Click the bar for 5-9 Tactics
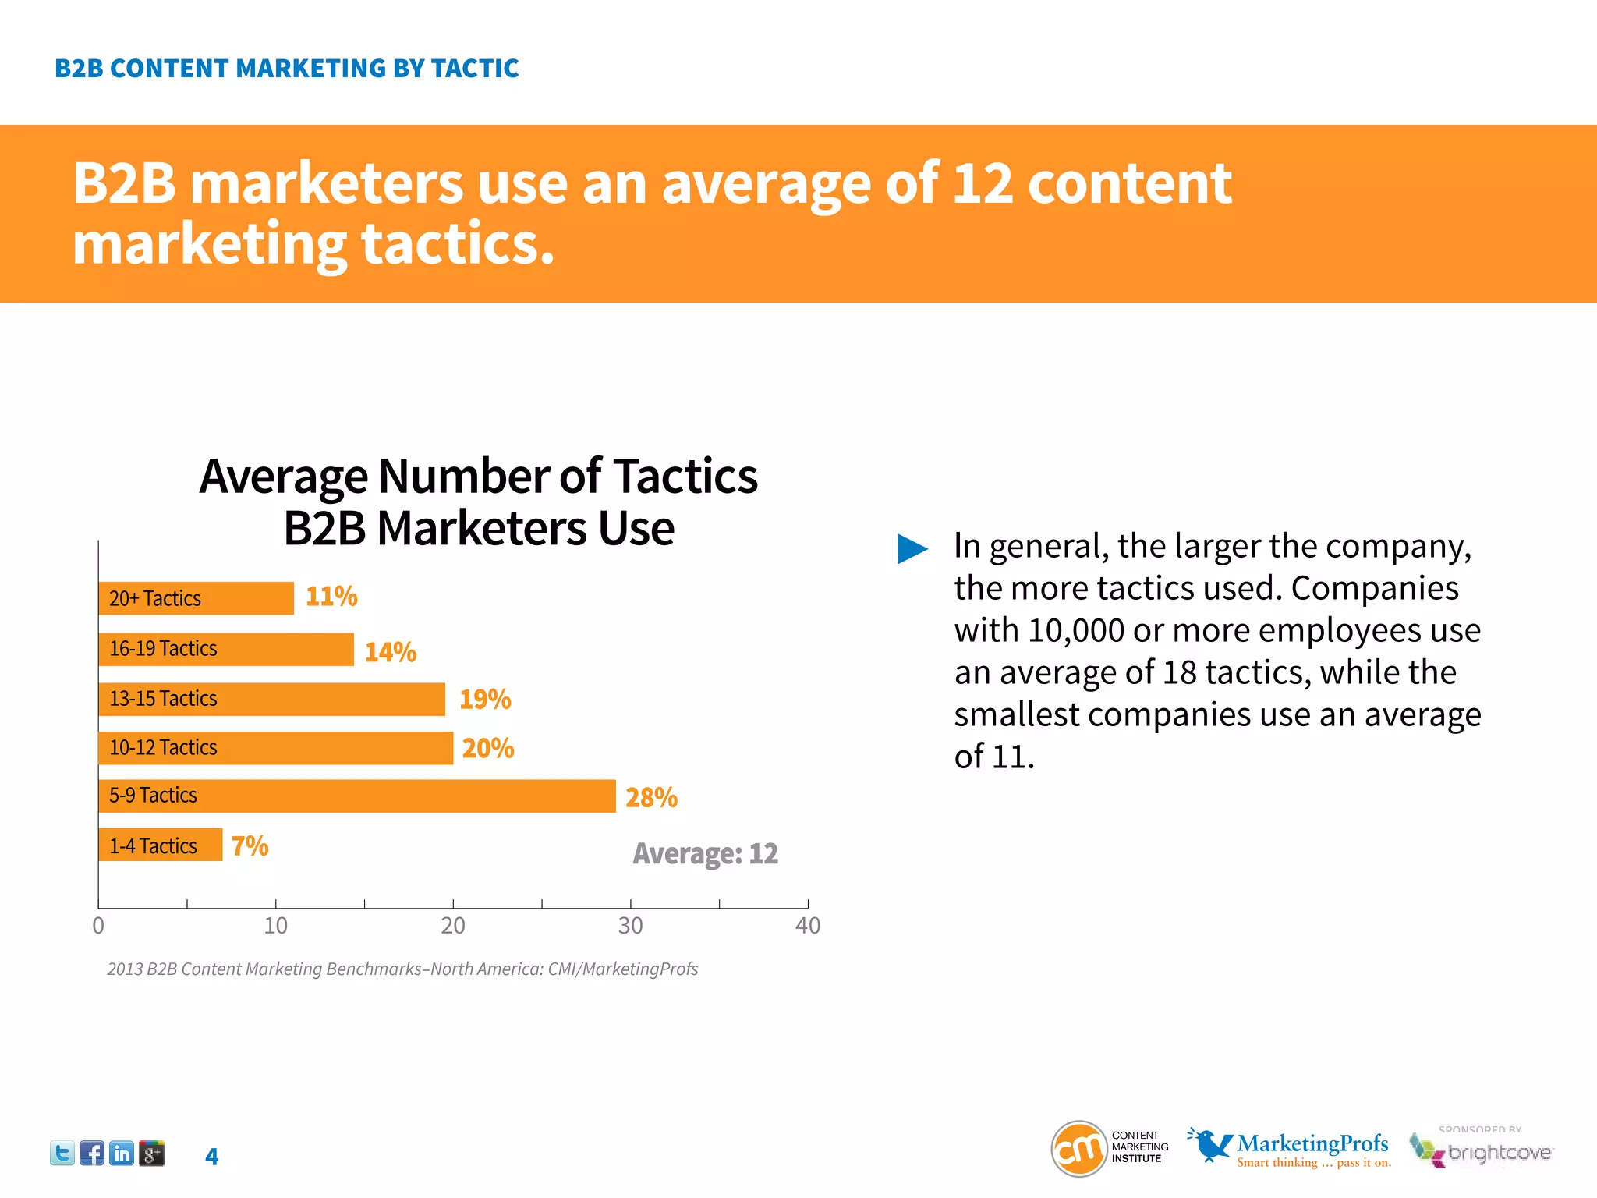(356, 796)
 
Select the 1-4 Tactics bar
(160, 845)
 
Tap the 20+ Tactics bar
(196, 598)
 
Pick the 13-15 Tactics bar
(271, 699)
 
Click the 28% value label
(651, 797)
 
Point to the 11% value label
(331, 597)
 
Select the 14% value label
(391, 652)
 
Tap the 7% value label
(250, 845)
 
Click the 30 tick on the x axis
(630, 926)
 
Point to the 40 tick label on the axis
(807, 926)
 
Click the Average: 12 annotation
(705, 853)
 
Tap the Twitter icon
(62, 1153)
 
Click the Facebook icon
(92, 1153)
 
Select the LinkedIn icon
(122, 1153)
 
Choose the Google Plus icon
(152, 1153)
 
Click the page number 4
(211, 1156)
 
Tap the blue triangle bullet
(912, 548)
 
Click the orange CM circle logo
(1079, 1148)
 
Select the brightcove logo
(1482, 1151)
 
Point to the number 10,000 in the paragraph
(1075, 630)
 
